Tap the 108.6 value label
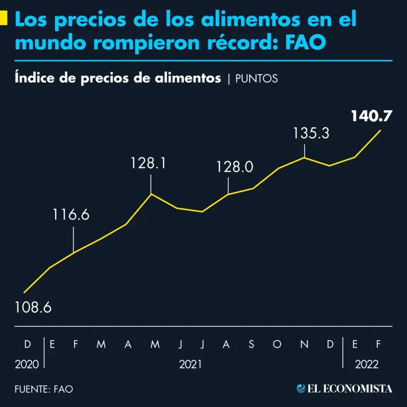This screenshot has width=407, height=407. (33, 307)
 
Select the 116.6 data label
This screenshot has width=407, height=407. (71, 215)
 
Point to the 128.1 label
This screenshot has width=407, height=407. (148, 163)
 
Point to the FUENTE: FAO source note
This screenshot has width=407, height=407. (43, 389)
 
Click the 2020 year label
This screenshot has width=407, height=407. (27, 365)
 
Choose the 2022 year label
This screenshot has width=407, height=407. (367, 365)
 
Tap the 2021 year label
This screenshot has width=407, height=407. (190, 365)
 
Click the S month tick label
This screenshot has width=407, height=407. (251, 344)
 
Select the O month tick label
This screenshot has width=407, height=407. (277, 344)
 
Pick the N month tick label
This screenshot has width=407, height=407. (304, 344)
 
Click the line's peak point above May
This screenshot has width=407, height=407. (152, 194)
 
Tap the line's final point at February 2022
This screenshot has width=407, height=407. (380, 130)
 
